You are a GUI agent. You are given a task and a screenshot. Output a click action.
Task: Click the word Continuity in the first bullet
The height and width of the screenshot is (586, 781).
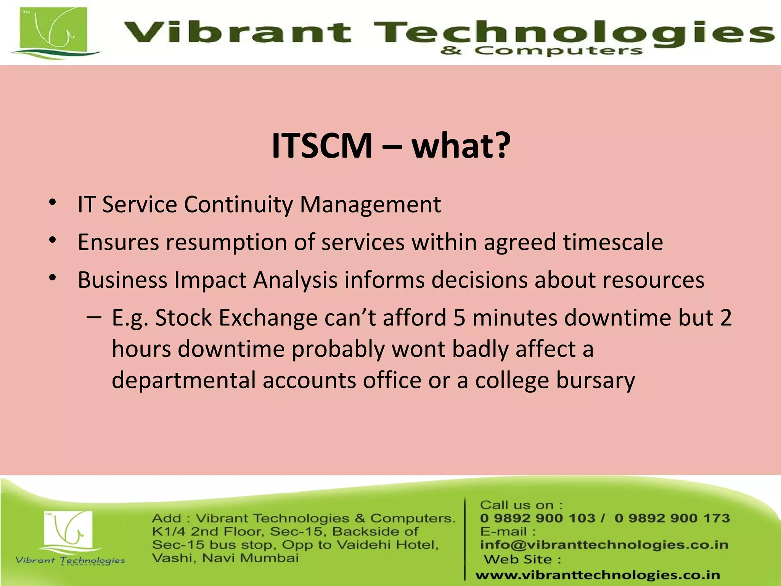[x=238, y=204]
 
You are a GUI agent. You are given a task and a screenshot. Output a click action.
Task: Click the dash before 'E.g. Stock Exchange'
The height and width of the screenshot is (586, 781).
[x=94, y=317]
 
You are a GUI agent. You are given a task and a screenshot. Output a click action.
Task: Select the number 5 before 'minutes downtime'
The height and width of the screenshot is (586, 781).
[x=460, y=317]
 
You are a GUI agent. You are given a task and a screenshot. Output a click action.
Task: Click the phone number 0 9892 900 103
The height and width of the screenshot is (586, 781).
[x=537, y=518]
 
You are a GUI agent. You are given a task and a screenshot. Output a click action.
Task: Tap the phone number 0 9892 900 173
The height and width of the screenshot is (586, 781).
[x=672, y=518]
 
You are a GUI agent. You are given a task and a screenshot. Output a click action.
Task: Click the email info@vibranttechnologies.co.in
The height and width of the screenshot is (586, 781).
[x=604, y=545]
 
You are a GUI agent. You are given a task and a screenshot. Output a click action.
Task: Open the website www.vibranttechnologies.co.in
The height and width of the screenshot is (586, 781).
[x=598, y=575]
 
